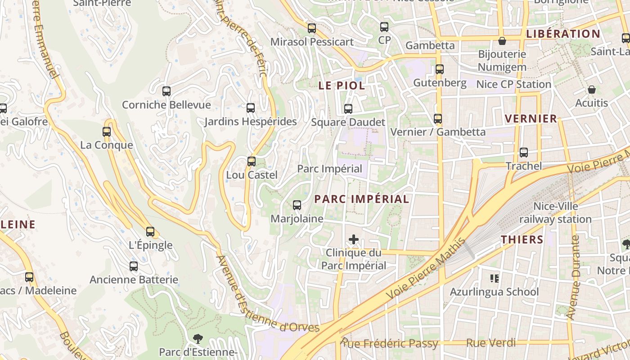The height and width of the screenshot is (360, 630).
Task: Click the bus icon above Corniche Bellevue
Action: click(x=166, y=91)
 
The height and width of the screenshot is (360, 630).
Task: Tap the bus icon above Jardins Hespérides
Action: click(x=251, y=108)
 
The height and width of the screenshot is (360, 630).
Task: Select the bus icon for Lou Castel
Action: click(x=252, y=161)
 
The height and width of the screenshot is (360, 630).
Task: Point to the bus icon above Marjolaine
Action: click(x=297, y=205)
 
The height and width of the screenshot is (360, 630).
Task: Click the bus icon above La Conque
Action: click(x=107, y=132)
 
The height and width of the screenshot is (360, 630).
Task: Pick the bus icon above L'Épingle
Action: click(x=150, y=232)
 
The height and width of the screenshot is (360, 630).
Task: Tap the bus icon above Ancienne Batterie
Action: click(x=134, y=266)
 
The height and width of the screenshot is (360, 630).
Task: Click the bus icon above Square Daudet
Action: click(x=348, y=108)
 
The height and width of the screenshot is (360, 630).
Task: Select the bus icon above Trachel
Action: click(x=524, y=153)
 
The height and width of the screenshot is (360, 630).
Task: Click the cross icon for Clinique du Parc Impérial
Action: click(x=354, y=239)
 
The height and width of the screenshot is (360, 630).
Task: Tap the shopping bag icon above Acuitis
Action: click(x=592, y=90)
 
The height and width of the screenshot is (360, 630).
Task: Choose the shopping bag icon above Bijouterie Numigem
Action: click(x=502, y=41)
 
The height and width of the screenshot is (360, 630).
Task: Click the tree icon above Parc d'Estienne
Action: click(x=198, y=339)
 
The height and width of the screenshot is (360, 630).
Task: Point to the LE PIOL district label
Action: click(x=342, y=85)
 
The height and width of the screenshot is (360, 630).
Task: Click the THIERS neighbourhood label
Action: click(x=522, y=239)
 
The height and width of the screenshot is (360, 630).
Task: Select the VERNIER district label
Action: click(x=531, y=119)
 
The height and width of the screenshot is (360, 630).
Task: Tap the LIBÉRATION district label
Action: click(x=563, y=34)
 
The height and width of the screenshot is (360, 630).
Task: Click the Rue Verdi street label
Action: click(x=491, y=343)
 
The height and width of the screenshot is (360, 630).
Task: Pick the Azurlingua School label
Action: click(x=494, y=292)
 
